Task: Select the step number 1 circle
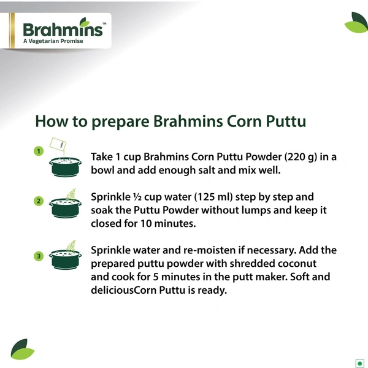click(38, 150)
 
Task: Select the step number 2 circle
click(38, 201)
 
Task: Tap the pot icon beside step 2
click(64, 209)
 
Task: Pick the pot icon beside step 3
click(64, 261)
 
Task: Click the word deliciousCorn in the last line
click(129, 290)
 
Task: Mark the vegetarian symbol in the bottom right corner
click(359, 361)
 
